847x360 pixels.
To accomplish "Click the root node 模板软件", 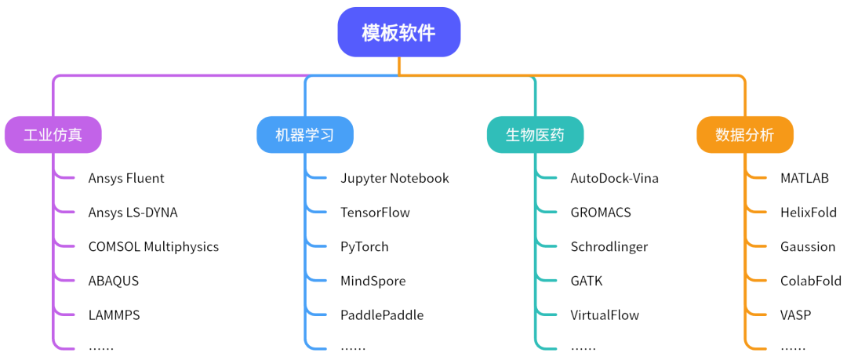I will [x=398, y=32].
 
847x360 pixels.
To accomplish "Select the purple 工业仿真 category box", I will [x=53, y=135].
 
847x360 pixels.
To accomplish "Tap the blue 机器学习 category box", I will [x=305, y=135].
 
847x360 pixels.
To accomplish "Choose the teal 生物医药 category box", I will [x=535, y=135].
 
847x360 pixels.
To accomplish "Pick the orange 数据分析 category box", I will [x=744, y=135].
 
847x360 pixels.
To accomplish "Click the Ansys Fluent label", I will [x=126, y=178].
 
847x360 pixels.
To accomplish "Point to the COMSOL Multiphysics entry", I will [x=154, y=246].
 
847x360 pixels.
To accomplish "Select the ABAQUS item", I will [x=114, y=281].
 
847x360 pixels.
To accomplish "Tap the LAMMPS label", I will [x=115, y=315].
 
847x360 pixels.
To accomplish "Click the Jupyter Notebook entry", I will [x=394, y=178].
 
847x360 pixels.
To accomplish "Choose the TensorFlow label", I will [x=375, y=213].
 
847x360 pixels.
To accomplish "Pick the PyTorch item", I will [x=365, y=246].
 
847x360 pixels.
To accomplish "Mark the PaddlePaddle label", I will [x=382, y=315].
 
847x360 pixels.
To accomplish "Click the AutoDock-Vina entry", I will [x=614, y=178].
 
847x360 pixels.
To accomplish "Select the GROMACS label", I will [x=601, y=213].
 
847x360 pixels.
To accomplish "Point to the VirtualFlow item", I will [x=605, y=315].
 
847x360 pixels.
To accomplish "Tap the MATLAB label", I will [x=804, y=178].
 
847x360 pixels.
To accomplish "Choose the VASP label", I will [x=795, y=315].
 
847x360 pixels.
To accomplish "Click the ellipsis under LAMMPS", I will [x=101, y=347].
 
